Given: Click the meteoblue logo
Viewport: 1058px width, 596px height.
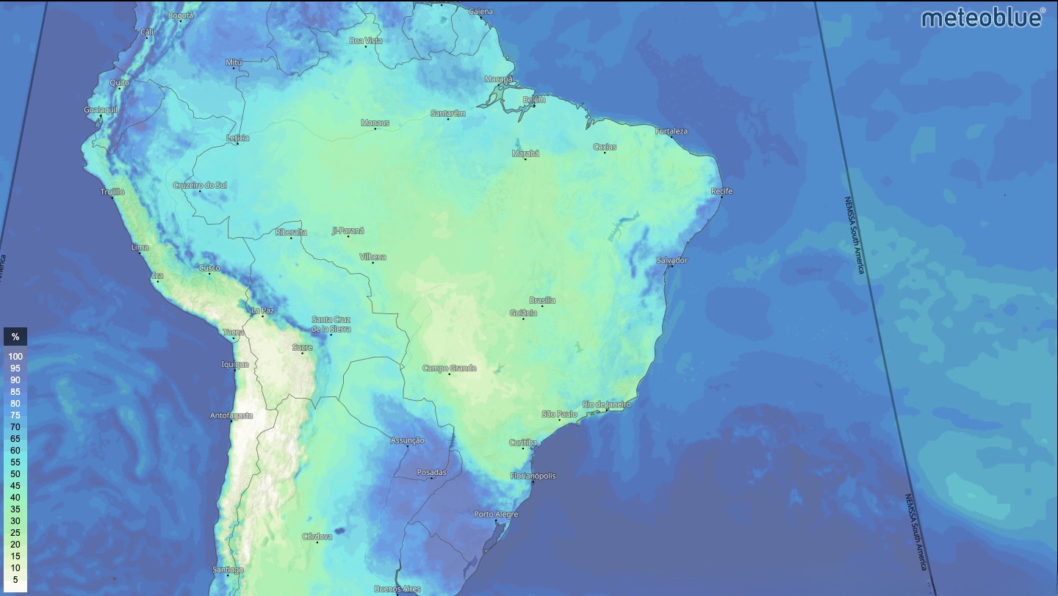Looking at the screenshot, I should [x=982, y=18].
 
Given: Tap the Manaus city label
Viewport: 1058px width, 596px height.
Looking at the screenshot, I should [x=375, y=123].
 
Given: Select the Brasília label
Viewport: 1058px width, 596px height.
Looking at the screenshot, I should [x=542, y=300].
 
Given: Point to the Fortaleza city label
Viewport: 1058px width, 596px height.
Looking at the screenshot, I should [x=671, y=131].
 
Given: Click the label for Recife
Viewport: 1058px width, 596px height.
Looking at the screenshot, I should [x=721, y=192].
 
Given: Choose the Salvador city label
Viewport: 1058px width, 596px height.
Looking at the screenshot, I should [x=672, y=261].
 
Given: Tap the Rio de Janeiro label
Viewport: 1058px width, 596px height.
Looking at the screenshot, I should [x=606, y=404].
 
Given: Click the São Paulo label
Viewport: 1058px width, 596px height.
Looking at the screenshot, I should [x=559, y=414].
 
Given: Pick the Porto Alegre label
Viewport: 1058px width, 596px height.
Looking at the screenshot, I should [x=496, y=515].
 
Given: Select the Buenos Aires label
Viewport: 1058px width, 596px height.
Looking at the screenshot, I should [x=397, y=589].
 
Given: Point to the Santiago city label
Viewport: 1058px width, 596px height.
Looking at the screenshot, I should [x=227, y=570].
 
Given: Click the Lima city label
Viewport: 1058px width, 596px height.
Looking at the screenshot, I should [x=140, y=247].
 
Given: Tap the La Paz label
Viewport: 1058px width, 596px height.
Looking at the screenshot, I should [x=262, y=310].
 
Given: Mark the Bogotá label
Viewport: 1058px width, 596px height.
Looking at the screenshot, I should [x=180, y=15].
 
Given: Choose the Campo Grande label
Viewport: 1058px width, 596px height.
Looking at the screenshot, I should [x=449, y=368].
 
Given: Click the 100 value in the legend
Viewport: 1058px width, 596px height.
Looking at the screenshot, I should [x=15, y=357].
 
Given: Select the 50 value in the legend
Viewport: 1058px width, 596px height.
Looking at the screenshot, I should [x=15, y=474].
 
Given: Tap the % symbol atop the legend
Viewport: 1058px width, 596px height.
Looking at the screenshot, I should [x=15, y=337].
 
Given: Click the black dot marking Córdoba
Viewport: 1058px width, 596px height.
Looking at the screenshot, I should [x=317, y=542].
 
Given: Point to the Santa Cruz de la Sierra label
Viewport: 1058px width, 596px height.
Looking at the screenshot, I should [x=331, y=324].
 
